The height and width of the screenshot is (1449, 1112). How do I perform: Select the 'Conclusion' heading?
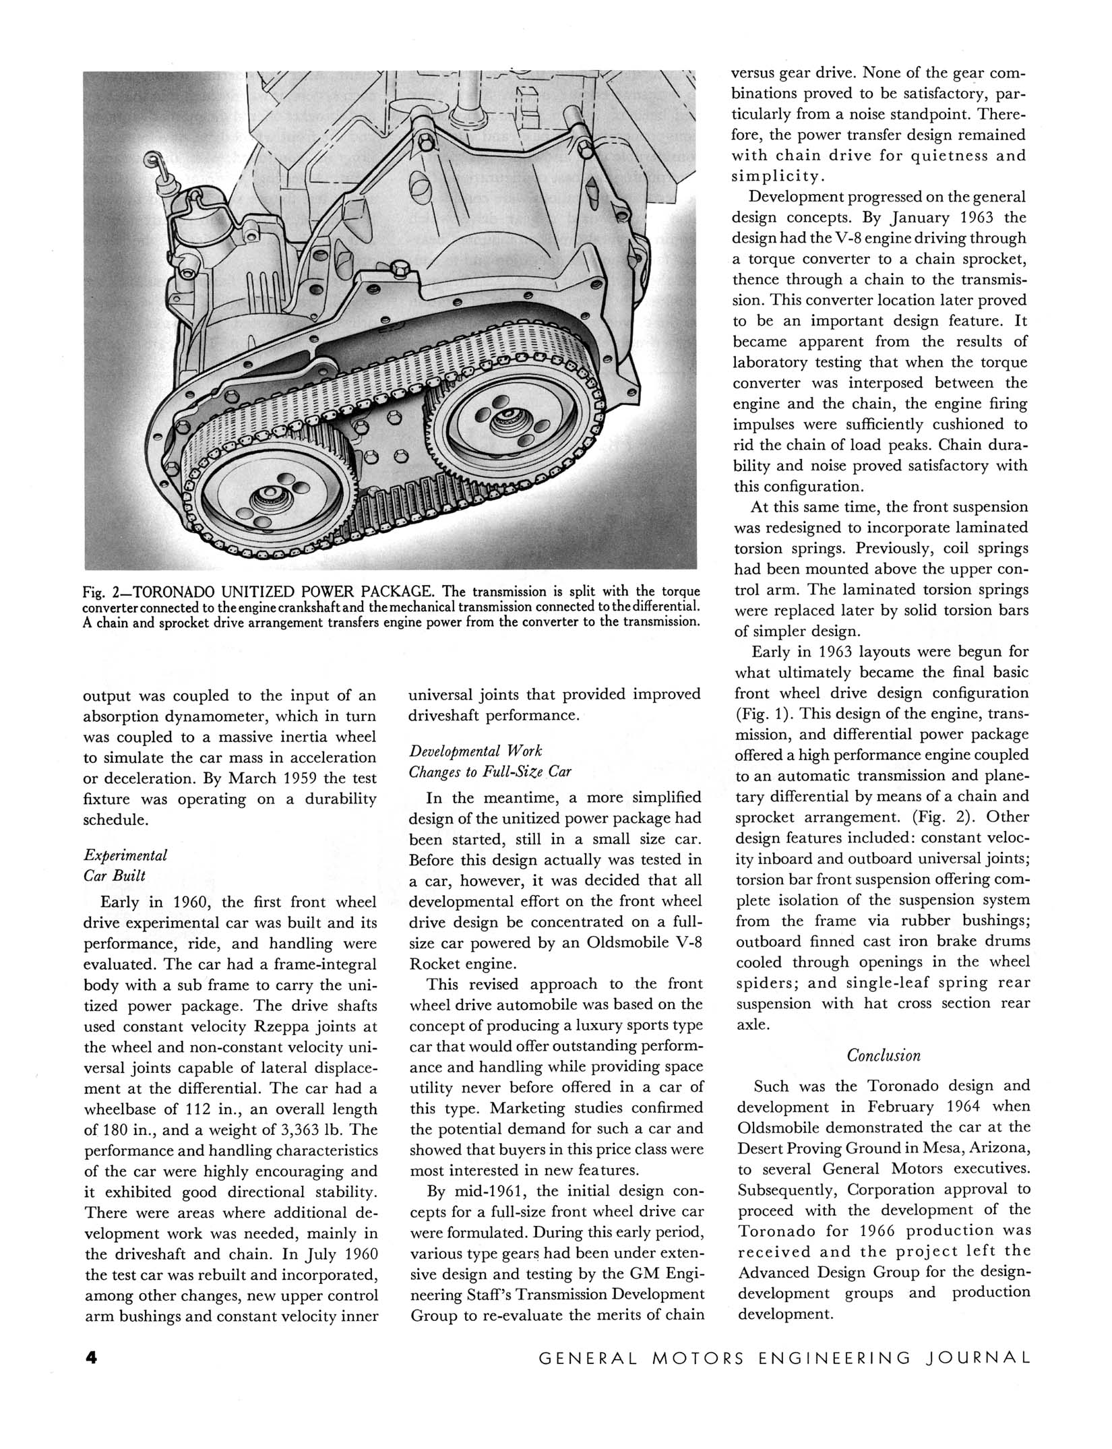click(x=883, y=1055)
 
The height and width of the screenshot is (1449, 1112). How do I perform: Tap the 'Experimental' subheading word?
click(x=125, y=855)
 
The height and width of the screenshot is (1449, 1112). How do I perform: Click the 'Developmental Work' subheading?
click(x=475, y=751)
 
